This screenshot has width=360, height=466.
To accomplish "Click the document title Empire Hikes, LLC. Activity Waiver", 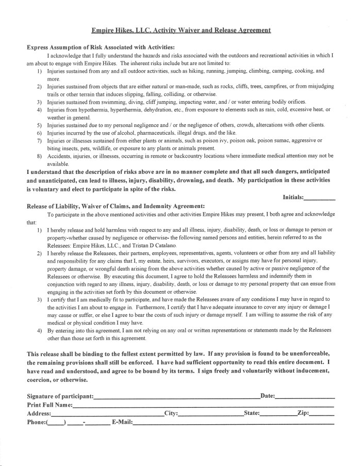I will click(181, 30).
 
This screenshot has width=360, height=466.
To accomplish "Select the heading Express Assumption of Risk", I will click(101, 47).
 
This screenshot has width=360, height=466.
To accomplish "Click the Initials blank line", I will click(320, 198).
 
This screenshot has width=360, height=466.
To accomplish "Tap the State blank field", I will click(279, 414).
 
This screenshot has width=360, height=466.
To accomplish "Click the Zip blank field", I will click(322, 414).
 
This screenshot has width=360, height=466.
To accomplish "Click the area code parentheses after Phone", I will click(56, 423).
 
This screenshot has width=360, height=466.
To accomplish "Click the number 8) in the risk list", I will click(39, 155).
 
